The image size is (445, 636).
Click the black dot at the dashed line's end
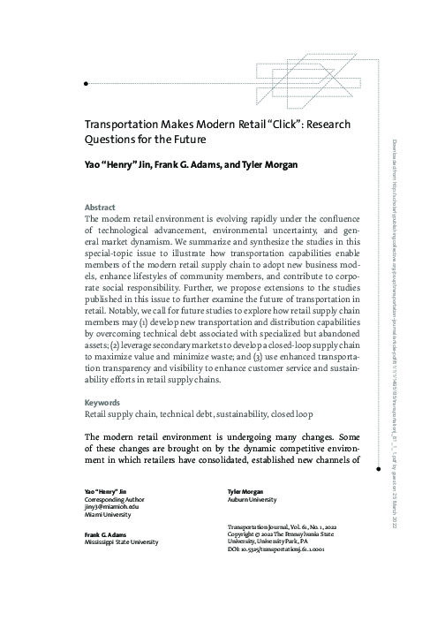point(85,82)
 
